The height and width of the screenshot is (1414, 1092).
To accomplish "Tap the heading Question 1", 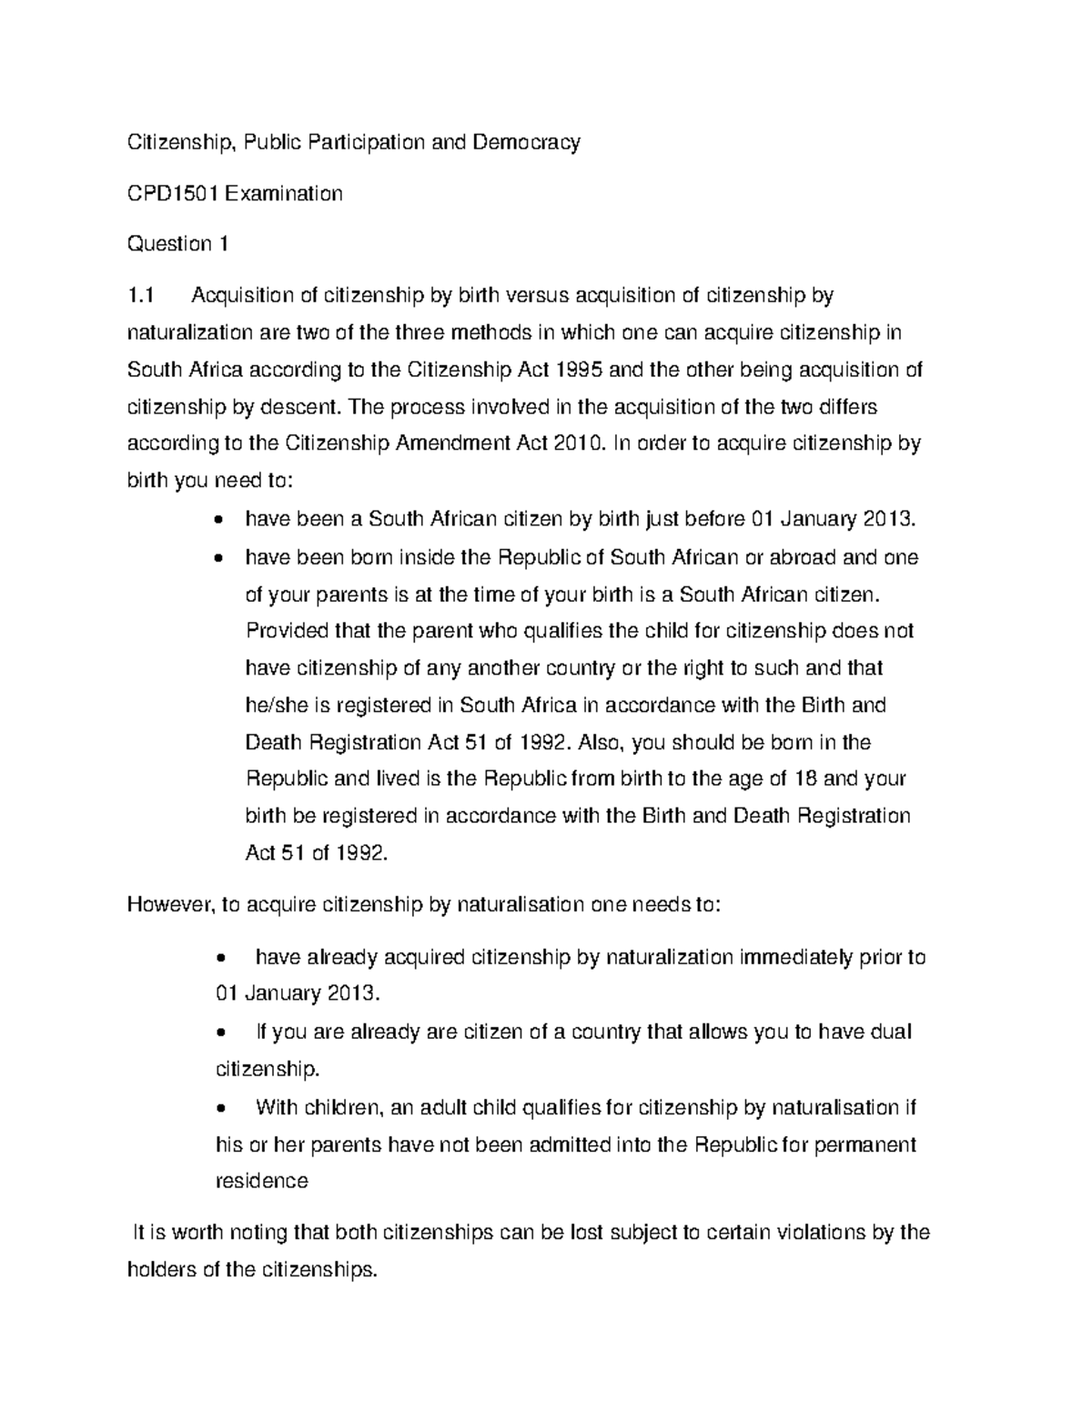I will [x=177, y=244].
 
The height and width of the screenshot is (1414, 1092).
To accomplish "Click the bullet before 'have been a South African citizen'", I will [x=216, y=521].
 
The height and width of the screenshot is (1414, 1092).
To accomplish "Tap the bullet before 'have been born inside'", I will [x=216, y=558].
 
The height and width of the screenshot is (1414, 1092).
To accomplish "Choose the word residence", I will [x=261, y=1181].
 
